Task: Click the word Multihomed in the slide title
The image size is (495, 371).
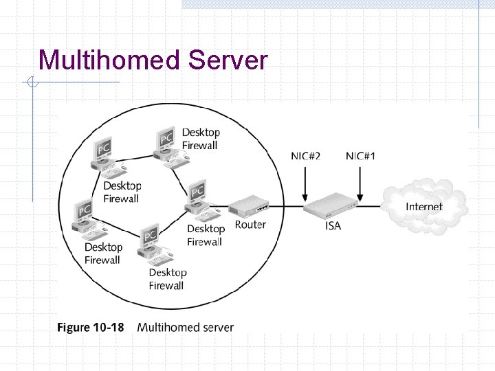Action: (109, 60)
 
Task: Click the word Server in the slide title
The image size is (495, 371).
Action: (227, 60)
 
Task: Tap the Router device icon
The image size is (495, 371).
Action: (248, 205)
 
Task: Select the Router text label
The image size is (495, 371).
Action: (250, 225)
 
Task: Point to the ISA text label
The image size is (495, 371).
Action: (333, 225)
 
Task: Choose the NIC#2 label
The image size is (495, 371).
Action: (305, 156)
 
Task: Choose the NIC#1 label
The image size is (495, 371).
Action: (361, 156)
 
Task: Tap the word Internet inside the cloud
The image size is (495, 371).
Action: (424, 206)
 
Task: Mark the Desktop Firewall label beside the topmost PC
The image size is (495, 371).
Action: (201, 139)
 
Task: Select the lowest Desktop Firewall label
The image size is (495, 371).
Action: (167, 279)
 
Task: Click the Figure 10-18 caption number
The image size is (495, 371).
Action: (90, 327)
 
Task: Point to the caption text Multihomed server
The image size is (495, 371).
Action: (186, 327)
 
